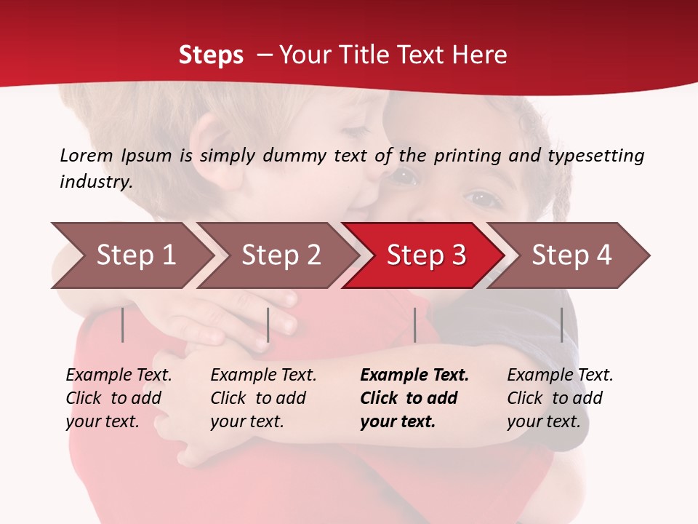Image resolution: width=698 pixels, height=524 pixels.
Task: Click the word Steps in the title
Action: coord(211,55)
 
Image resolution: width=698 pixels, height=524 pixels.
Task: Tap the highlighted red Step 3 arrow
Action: coord(426,255)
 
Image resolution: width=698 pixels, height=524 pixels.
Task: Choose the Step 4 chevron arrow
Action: coord(571,255)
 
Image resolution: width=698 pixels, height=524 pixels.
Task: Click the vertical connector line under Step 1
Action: coord(123,325)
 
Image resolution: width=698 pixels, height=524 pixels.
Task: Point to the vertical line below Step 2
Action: coord(268,325)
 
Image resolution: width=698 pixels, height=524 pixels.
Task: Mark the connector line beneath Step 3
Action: coord(414,325)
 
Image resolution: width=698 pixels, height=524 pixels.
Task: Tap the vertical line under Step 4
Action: coord(561,325)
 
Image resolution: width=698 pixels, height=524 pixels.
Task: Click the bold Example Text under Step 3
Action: coord(414,376)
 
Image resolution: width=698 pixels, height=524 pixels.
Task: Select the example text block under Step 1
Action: coord(118,398)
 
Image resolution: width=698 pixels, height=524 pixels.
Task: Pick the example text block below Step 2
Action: coord(262,398)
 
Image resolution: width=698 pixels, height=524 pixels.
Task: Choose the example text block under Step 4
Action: coord(559,398)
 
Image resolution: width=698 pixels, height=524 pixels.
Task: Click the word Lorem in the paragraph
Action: coord(87,155)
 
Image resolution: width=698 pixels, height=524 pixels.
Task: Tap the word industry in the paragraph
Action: coord(96,181)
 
